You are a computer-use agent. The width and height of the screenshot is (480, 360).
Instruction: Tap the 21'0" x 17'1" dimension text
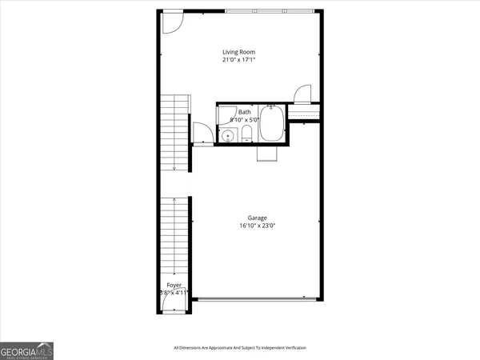tap(238, 59)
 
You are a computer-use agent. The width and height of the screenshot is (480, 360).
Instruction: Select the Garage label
tap(257, 218)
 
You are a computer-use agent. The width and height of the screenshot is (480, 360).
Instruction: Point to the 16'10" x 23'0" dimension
tap(257, 226)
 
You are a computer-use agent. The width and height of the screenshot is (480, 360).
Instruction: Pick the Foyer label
tap(174, 285)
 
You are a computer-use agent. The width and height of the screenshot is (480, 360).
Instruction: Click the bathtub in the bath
tap(271, 125)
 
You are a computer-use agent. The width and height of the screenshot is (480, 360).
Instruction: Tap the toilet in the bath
tap(247, 134)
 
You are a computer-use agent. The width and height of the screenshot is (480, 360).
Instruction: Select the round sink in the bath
tap(227, 135)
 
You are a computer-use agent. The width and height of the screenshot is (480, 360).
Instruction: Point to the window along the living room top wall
tap(268, 11)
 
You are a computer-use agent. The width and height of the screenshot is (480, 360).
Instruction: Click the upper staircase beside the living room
tap(174, 132)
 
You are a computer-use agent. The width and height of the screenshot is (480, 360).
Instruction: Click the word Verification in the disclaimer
tap(290, 348)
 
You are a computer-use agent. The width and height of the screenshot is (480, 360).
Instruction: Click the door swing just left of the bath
tap(201, 133)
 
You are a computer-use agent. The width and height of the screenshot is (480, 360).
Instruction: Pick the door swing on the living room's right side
tap(302, 94)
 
